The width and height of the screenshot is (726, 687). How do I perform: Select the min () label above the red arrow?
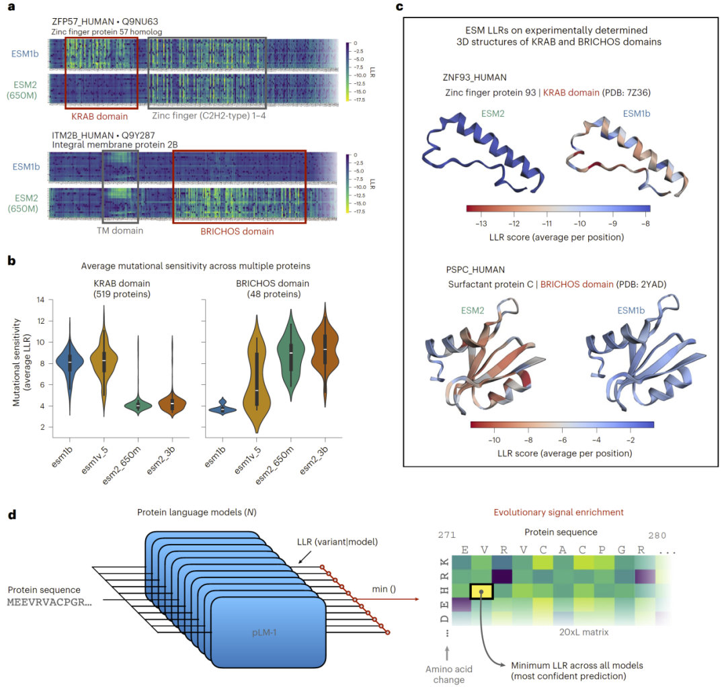[x=384, y=589]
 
